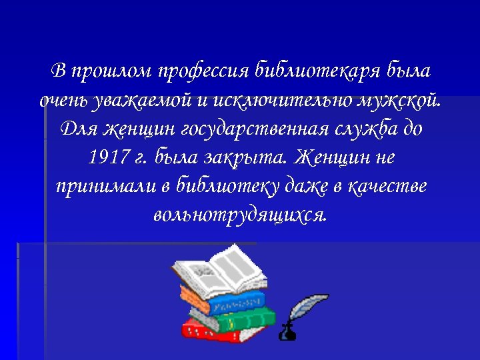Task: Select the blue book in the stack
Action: pos(233,303)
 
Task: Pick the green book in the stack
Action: pos(240,317)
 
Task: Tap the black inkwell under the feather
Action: pos(287,331)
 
